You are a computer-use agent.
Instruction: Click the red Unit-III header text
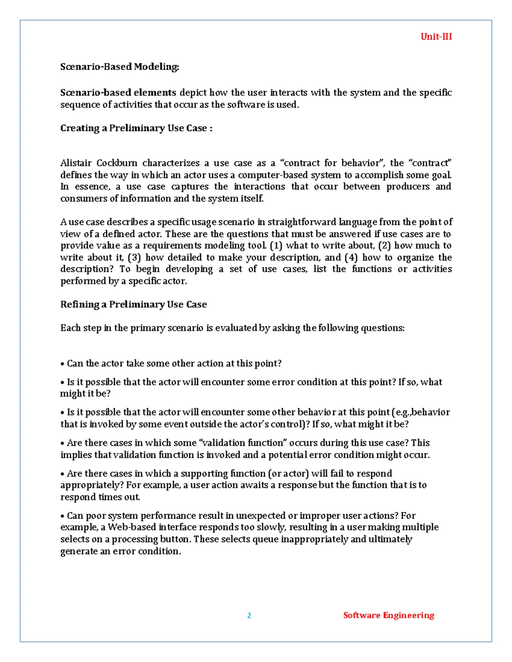click(436, 37)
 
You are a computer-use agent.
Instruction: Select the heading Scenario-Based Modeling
click(119, 67)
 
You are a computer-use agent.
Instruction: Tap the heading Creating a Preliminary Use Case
click(136, 128)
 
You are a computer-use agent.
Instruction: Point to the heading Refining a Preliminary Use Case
click(133, 304)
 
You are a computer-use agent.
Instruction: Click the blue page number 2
click(249, 616)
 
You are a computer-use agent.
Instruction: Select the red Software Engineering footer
click(388, 616)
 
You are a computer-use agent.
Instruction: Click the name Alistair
click(76, 163)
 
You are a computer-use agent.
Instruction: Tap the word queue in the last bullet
click(265, 539)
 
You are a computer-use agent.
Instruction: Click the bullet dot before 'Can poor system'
click(62, 516)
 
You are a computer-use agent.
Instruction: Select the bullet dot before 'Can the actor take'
click(62, 364)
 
